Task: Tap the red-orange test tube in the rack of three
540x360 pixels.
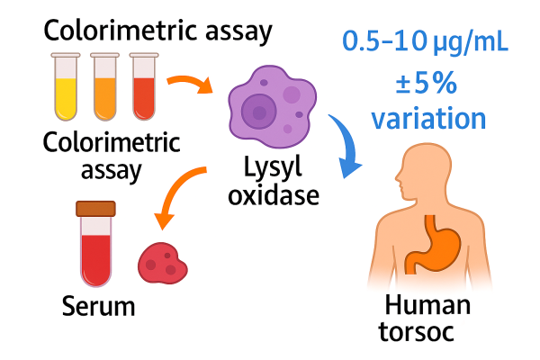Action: [x=143, y=87]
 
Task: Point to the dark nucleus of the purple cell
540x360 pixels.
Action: [x=261, y=112]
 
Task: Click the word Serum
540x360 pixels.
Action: [x=99, y=306]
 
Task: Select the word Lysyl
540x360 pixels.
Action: [x=274, y=167]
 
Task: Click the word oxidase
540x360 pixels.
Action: [x=274, y=193]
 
